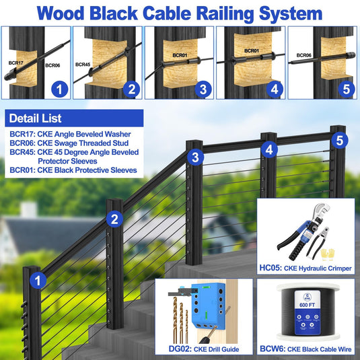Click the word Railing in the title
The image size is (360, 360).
click(225, 13)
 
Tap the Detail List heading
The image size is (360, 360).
click(35, 118)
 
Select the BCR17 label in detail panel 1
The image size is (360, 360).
click(16, 63)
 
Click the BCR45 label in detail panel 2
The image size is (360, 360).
click(83, 65)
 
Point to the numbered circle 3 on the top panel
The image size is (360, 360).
click(203, 89)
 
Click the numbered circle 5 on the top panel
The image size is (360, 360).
click(347, 89)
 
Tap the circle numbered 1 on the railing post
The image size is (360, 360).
click(38, 281)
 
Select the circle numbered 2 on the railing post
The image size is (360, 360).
click(114, 219)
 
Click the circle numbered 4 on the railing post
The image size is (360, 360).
click(269, 149)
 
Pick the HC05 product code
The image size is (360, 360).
click(271, 268)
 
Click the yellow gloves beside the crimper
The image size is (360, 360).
click(328, 254)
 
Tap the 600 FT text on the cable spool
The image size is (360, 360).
click(308, 305)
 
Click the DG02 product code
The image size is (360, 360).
click(180, 349)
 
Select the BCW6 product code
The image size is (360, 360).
click(273, 349)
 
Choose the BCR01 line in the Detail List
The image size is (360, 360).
click(73, 170)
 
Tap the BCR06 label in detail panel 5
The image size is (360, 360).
click(303, 55)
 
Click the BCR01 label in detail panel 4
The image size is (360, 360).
click(252, 50)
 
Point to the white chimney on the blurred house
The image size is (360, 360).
click(28, 209)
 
